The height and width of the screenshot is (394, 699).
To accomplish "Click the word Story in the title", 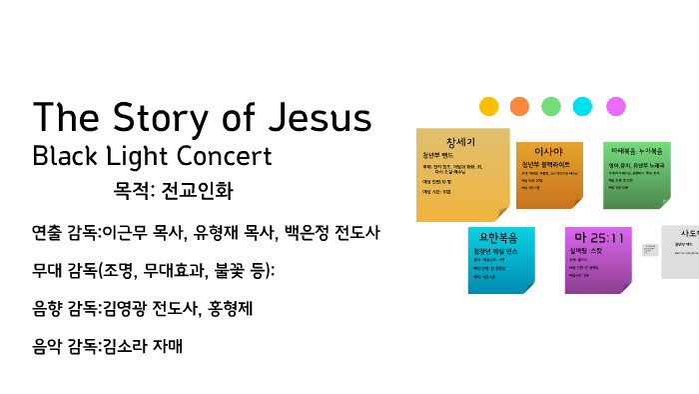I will tap(162, 118).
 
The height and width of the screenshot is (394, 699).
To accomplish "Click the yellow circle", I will tap(488, 106).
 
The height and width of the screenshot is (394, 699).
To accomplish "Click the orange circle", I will tap(519, 106).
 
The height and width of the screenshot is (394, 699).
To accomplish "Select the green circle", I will tap(551, 106).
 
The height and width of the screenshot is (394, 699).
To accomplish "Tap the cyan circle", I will tap(583, 106).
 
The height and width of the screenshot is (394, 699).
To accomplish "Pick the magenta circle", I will tap(616, 106).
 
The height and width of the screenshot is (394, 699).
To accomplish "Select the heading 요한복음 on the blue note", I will tap(501, 238).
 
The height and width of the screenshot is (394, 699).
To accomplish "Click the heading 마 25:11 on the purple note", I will tap(598, 238).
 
